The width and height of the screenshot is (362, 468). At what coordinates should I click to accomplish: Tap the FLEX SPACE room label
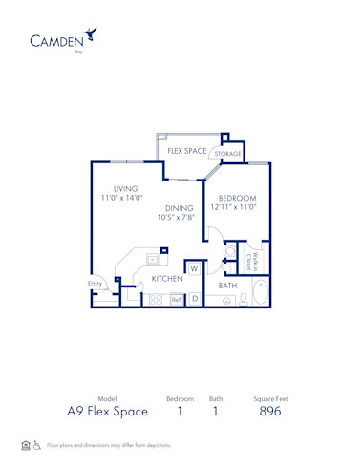click(x=188, y=151)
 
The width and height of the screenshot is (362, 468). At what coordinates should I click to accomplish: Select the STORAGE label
click(x=227, y=153)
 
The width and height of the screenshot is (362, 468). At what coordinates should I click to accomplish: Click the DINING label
click(x=181, y=206)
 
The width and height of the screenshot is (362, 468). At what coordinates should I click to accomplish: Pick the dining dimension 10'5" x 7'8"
click(x=178, y=217)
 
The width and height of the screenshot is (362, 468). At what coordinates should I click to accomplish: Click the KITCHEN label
click(x=166, y=279)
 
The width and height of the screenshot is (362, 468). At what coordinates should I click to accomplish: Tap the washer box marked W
click(x=193, y=269)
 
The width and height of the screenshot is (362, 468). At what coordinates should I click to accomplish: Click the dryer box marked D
click(x=194, y=299)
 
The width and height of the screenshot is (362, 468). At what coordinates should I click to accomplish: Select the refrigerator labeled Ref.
click(x=176, y=299)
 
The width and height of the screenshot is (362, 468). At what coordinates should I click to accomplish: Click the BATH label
click(x=227, y=285)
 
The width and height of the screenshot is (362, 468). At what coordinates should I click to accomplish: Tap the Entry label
click(x=96, y=283)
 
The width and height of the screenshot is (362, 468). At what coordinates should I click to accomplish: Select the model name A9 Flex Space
click(x=107, y=412)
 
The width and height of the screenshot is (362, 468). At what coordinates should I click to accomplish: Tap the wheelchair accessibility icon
click(x=36, y=445)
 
